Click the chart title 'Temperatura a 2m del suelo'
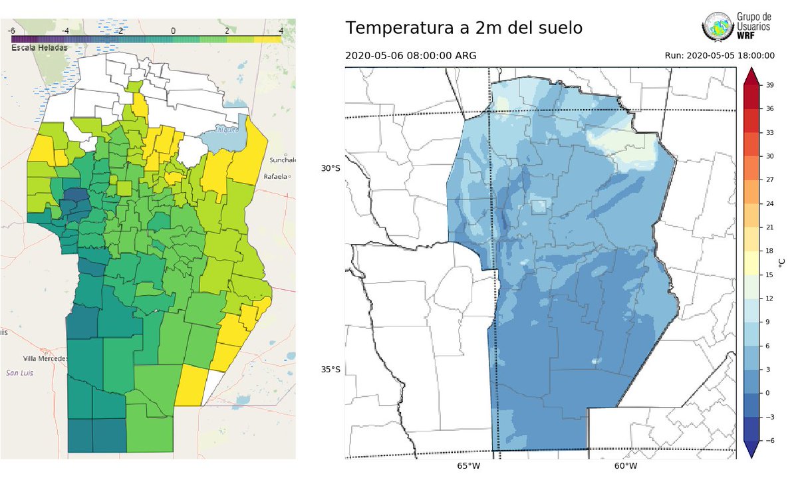click(464, 29)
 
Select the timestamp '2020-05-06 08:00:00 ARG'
click(410, 56)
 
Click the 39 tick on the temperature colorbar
click(769, 84)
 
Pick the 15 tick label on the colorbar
click(769, 275)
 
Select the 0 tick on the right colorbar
click(767, 393)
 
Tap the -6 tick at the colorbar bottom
click(769, 441)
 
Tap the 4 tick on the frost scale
click(281, 31)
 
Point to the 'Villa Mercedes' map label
click(45, 358)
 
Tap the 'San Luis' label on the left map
click(20, 373)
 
